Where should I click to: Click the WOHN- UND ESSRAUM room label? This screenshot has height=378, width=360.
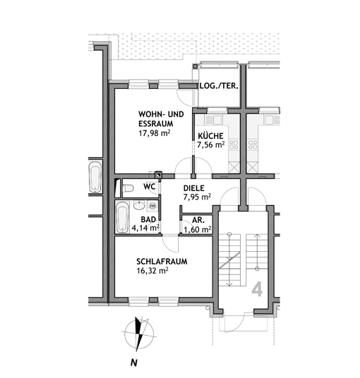click(x=161, y=119)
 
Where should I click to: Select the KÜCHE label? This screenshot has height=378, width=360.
click(x=210, y=135)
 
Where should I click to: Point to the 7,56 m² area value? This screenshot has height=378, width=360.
click(x=211, y=145)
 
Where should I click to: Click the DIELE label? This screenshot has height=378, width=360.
click(x=193, y=188)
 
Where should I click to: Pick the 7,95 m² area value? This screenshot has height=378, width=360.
click(x=197, y=197)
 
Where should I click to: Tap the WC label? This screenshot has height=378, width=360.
click(x=150, y=187)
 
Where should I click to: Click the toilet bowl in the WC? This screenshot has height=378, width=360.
click(x=128, y=188)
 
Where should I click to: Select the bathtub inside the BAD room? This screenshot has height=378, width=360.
click(x=122, y=217)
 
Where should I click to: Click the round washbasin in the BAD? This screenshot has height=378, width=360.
click(x=138, y=206)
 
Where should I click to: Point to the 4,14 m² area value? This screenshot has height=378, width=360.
click(x=145, y=228)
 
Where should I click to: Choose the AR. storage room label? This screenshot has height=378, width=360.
click(x=198, y=220)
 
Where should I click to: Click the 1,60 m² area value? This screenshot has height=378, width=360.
click(x=198, y=229)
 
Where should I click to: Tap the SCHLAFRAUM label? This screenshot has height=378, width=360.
click(x=162, y=262)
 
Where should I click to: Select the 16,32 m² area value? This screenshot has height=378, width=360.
click(x=152, y=271)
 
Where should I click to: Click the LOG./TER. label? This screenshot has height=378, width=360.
click(x=219, y=86)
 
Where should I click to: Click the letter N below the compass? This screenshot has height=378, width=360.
click(x=134, y=362)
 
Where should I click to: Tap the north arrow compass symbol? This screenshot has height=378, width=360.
click(x=139, y=334)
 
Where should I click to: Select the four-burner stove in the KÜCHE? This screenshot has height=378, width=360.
click(x=234, y=145)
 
